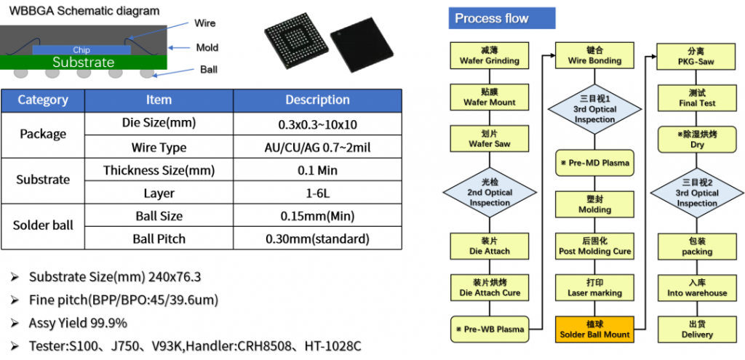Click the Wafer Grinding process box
[x=490, y=55]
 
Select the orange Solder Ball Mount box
[x=594, y=329]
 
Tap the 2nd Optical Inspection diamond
[x=490, y=193]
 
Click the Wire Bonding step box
[x=594, y=55]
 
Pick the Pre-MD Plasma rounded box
[x=594, y=162]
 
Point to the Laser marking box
[x=594, y=287]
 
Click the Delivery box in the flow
[x=696, y=329]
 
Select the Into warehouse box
[x=696, y=287]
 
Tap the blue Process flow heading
[x=492, y=18]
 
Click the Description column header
[x=317, y=100]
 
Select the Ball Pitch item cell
[x=159, y=239]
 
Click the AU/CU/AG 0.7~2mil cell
[x=317, y=148]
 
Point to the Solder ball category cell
[x=43, y=225]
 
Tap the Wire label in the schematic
[x=205, y=23]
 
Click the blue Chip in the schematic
[x=81, y=50]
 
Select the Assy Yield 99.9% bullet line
[x=78, y=322]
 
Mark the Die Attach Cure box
[x=490, y=287]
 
